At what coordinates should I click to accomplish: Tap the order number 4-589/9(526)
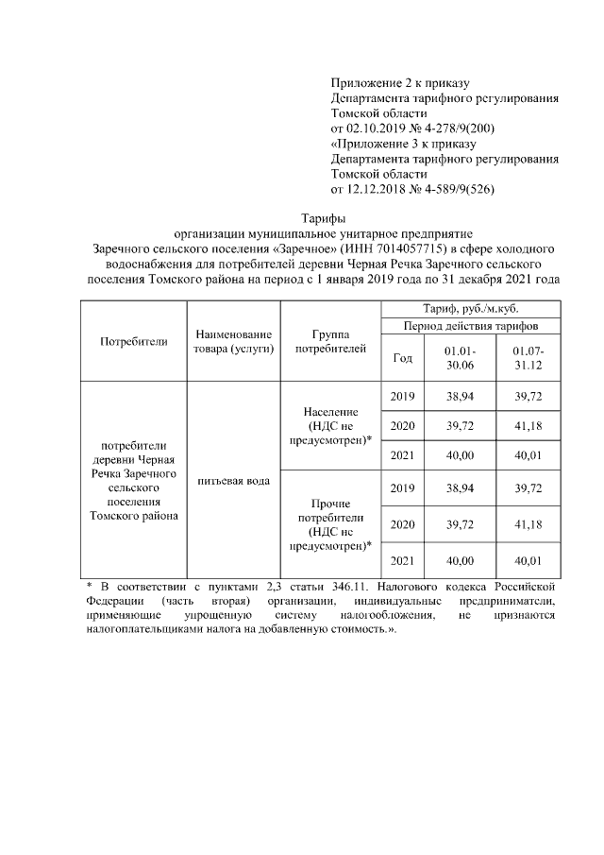(x=455, y=189)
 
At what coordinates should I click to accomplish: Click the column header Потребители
(x=133, y=342)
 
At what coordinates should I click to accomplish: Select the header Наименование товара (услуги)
(x=233, y=342)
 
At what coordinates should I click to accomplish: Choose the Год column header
(x=402, y=358)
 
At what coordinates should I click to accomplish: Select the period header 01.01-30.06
(x=460, y=358)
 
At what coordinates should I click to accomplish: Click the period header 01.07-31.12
(x=528, y=358)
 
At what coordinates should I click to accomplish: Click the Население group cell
(x=328, y=426)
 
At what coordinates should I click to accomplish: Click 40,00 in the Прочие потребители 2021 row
(x=460, y=561)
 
